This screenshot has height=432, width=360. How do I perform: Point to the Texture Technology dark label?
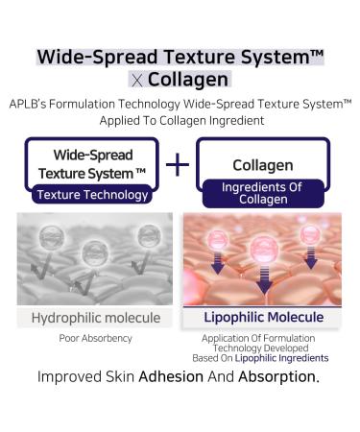tap(92, 195)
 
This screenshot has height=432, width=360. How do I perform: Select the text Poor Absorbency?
tap(94, 339)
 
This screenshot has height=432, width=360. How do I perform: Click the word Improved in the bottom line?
tap(71, 375)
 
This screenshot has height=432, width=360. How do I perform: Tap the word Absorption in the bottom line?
tap(278, 375)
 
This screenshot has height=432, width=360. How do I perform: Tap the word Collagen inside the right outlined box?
tap(263, 165)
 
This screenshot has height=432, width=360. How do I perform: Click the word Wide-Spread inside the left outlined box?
tap(93, 155)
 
